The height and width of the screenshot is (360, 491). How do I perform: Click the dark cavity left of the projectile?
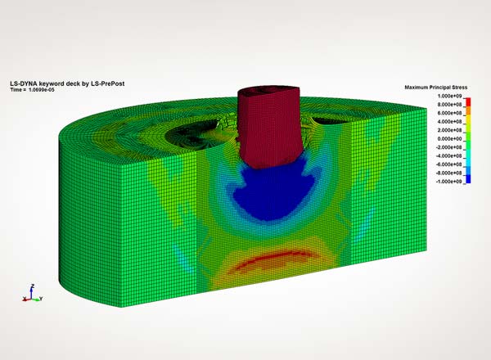coord(193,127)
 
